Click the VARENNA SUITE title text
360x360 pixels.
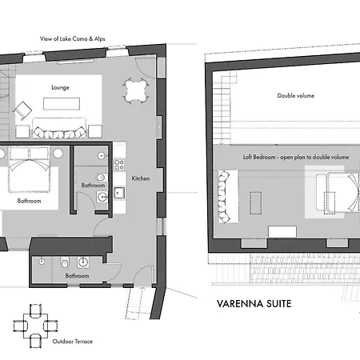point(254,304)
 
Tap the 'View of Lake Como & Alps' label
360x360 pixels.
point(73,39)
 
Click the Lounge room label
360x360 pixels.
point(60,87)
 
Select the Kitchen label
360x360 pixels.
point(141,178)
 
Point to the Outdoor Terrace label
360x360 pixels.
point(73,342)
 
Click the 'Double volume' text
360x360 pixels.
point(296,95)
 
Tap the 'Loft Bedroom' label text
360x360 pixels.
point(259,157)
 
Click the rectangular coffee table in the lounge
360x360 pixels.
point(62,104)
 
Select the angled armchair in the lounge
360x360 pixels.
point(22,110)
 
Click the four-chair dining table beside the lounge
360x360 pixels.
point(136,91)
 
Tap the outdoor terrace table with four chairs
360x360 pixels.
point(35,326)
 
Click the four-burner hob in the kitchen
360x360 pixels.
point(119,165)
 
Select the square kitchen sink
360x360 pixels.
point(119,193)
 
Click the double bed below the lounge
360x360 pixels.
point(30,169)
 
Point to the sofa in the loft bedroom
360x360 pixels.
point(225,197)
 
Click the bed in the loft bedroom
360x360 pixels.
point(338,193)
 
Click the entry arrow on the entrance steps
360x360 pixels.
point(142,290)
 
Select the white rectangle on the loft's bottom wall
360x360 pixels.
point(282,232)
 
